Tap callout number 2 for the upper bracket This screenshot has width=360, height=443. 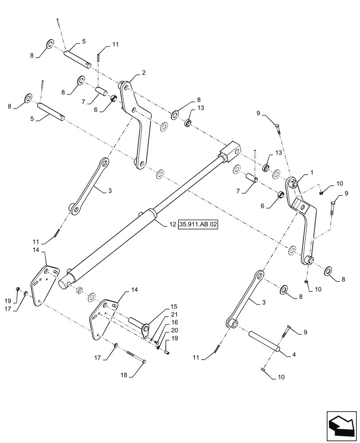[x=144, y=72]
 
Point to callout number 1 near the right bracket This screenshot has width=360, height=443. [x=311, y=171]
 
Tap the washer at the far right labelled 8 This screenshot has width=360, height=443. [x=329, y=271]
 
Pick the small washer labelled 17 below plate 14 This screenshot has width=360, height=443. [x=115, y=346]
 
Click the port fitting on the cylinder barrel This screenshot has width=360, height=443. [x=142, y=214]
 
